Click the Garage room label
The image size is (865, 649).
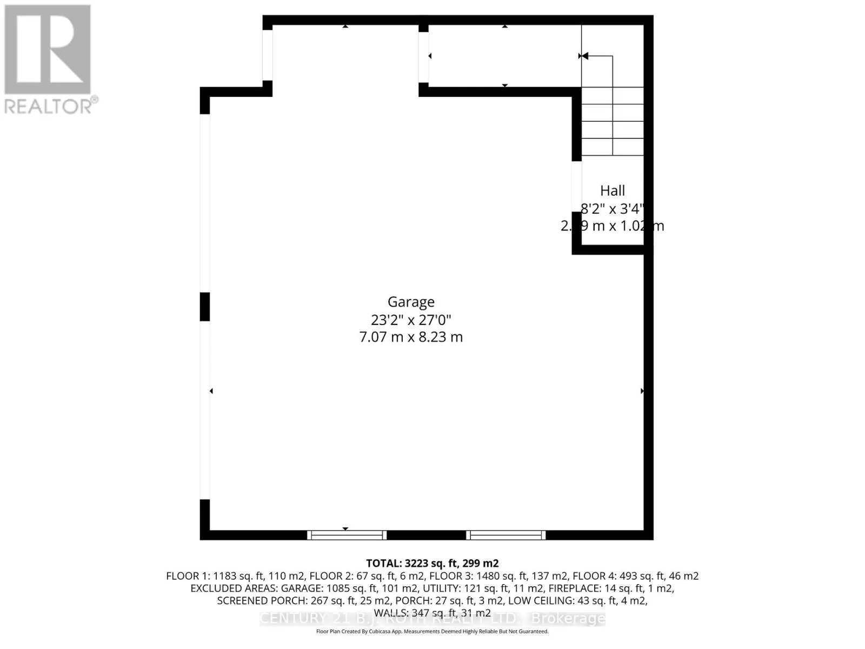coord(411,302)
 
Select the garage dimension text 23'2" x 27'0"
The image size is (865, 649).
coord(411,320)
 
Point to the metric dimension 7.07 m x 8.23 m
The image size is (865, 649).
coord(411,337)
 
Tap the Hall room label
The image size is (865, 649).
coord(613,190)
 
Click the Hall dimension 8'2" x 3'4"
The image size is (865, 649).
coord(613,208)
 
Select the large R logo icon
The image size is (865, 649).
coord(48,50)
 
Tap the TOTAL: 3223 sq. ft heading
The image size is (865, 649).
coord(432,563)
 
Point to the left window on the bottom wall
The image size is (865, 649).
coord(347,535)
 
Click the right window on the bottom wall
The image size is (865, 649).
coord(506,535)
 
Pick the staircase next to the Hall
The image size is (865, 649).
coord(613,122)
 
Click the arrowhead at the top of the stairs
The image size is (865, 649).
coord(583,56)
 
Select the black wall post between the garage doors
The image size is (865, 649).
coord(205,307)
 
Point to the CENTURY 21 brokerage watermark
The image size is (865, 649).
coord(432,618)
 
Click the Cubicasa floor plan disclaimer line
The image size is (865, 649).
coord(432,631)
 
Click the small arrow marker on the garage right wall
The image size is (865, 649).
coord(642,390)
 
